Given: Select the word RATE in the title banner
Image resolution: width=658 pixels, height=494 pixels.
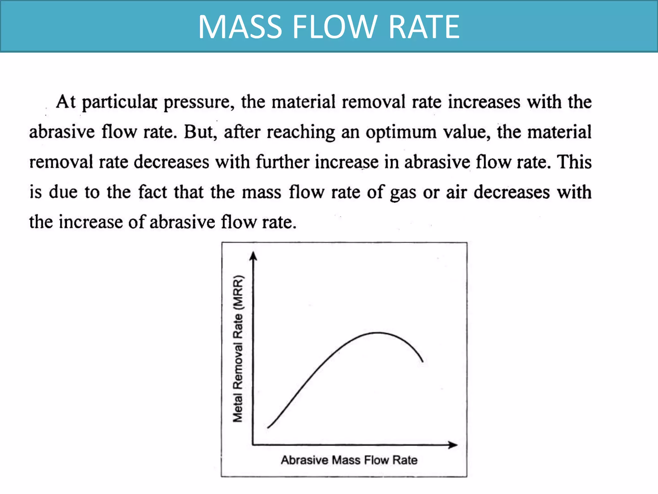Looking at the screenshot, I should tap(424, 27).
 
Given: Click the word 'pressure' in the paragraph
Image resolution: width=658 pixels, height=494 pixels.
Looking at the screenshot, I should tap(197, 103).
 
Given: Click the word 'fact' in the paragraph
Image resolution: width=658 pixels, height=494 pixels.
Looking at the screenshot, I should tap(152, 192).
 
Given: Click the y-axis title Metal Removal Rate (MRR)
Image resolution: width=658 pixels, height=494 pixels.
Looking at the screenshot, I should tap(238, 349).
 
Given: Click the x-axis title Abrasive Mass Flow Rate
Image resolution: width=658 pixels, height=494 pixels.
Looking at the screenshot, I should tap(349, 460).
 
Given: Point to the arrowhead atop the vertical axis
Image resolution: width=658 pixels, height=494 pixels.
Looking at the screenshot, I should tap(253, 256).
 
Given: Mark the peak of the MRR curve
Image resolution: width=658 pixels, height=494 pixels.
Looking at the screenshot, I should tap(378, 333).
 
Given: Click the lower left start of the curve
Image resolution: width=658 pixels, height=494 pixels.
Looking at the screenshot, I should tap(268, 427).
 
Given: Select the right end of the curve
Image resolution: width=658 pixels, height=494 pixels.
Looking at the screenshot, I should tap(422, 361).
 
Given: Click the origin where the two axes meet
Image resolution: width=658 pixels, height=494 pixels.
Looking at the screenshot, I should tap(253, 445).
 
